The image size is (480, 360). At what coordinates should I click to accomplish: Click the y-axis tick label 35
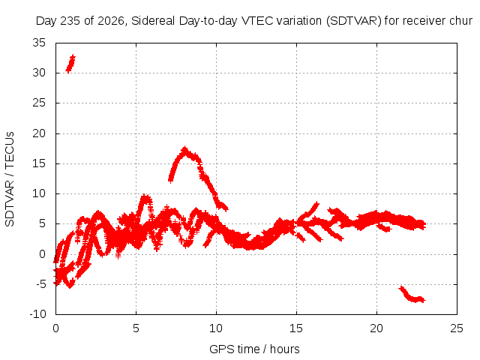39,43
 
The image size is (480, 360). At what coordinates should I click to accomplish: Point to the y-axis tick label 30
39,73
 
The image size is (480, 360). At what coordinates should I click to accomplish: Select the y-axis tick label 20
39,133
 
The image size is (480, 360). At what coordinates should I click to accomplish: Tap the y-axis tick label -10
38,314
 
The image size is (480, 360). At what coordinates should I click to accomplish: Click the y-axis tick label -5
41,284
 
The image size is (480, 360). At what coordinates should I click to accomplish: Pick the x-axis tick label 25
457,328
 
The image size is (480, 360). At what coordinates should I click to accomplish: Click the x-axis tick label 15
296,328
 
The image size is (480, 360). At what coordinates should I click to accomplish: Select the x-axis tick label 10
216,328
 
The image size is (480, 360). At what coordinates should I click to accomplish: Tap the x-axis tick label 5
136,328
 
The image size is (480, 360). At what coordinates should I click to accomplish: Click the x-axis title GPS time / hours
254,349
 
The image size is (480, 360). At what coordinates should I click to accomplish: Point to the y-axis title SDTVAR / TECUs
10,179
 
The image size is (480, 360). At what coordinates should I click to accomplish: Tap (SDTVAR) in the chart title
353,21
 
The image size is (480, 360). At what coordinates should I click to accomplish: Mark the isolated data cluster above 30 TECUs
70,64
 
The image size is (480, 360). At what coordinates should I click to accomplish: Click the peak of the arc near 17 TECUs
184,150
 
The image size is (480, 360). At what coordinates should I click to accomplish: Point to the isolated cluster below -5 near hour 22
412,295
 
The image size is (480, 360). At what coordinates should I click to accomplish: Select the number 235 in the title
70,21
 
